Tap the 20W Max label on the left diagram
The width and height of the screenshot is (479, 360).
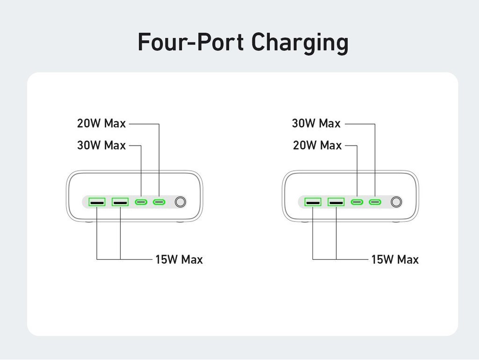click(102, 124)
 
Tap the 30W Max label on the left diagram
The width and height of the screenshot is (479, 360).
click(102, 146)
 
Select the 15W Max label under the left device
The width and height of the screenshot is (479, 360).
click(179, 259)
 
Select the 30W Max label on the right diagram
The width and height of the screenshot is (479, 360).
click(316, 124)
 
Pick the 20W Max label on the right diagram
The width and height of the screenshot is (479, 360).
click(318, 146)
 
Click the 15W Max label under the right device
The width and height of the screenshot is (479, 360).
click(395, 259)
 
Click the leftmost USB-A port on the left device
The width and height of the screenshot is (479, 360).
click(97, 202)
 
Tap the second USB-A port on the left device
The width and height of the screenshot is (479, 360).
click(120, 202)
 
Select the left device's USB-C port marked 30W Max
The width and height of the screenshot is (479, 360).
click(141, 202)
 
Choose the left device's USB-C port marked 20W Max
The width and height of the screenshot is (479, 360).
click(160, 202)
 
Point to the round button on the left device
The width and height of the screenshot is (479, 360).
click(180, 202)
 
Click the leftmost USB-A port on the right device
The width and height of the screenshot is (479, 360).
click(312, 202)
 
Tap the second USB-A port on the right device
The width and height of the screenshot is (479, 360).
click(336, 202)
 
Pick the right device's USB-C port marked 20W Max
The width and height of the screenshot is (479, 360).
click(357, 202)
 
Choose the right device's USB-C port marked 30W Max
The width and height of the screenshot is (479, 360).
click(375, 202)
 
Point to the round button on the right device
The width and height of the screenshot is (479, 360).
click(396, 202)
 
